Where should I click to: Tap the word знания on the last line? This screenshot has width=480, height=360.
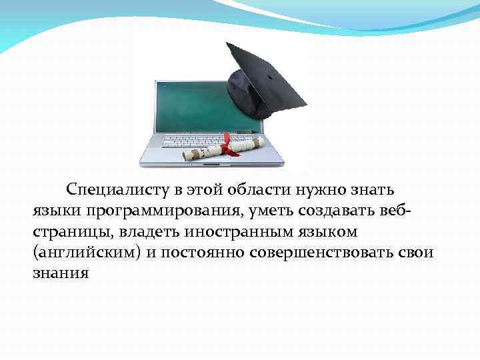61,274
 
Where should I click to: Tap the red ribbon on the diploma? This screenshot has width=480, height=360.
229,145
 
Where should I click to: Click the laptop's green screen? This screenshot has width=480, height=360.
193,107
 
